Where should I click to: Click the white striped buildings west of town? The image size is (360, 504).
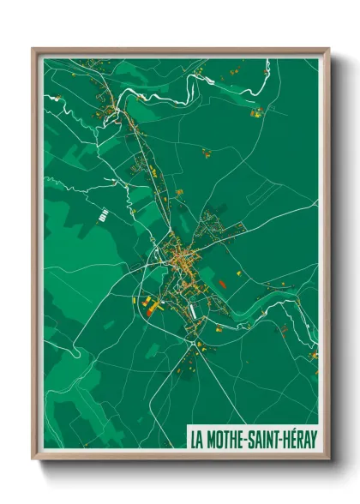tap(102, 214)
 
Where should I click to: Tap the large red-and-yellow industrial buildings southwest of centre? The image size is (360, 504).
tap(150, 305)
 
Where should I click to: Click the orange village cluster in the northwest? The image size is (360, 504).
tap(107, 107)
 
